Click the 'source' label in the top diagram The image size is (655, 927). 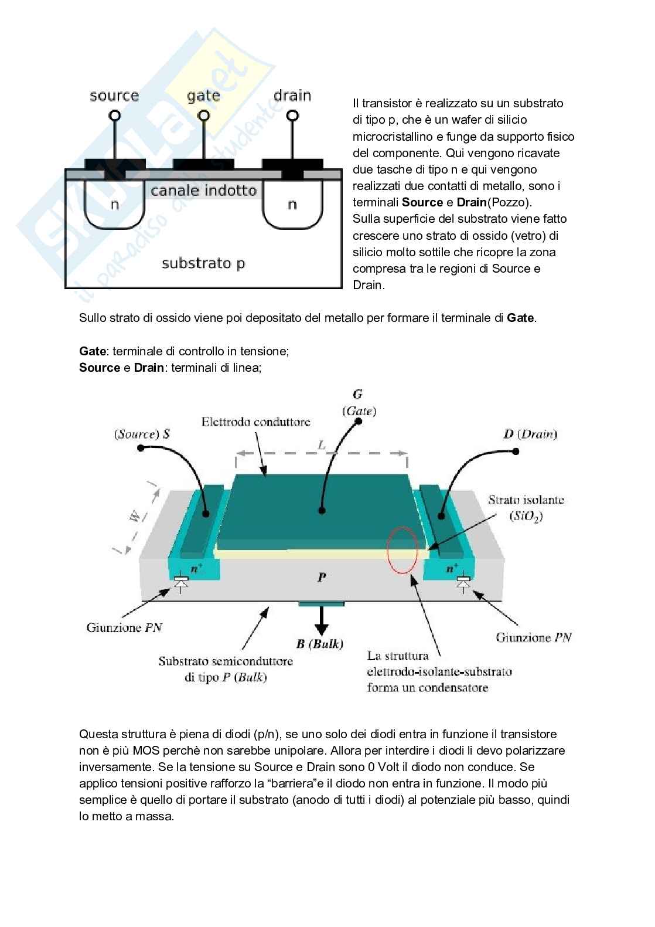114,96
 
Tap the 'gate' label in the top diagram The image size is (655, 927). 203,96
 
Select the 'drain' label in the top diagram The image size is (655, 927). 292,95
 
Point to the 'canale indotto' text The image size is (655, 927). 203,191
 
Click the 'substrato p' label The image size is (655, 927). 203,263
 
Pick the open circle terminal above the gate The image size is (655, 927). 204,116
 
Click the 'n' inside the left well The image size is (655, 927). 115,205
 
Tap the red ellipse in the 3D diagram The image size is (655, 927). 402,551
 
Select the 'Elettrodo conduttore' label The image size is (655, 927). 255,422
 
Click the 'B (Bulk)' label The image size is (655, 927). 319,644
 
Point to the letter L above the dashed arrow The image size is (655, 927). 322,445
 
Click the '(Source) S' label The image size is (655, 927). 142,434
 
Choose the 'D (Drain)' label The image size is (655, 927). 530,434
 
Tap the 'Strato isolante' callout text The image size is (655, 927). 526,500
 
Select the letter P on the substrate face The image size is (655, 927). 322,578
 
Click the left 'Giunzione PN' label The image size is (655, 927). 124,627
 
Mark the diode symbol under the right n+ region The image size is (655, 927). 463,583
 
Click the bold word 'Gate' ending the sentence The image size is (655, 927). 520,318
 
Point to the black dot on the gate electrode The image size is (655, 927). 322,511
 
